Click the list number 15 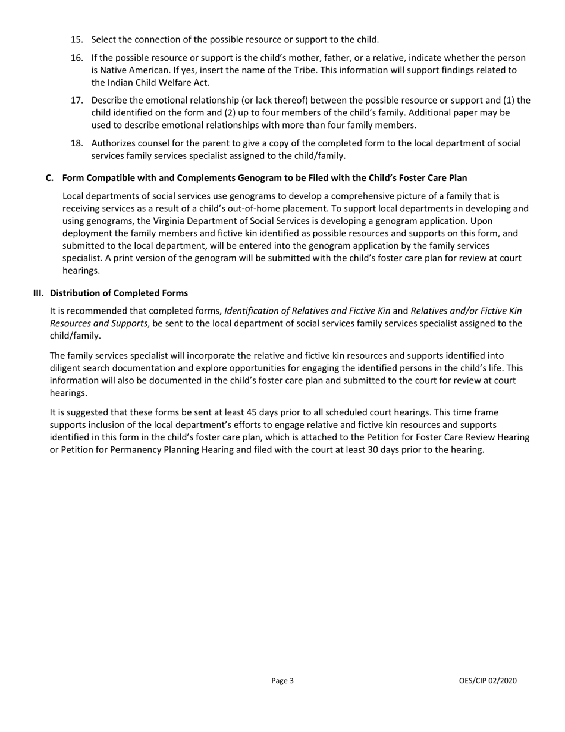pyautogui.click(x=77, y=40)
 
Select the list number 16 pyautogui.click(x=77, y=58)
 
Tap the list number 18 pyautogui.click(x=77, y=143)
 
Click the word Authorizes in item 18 pyautogui.click(x=114, y=143)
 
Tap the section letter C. pyautogui.click(x=50, y=177)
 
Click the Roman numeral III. pyautogui.click(x=39, y=293)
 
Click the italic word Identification pyautogui.click(x=253, y=311)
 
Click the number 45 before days pyautogui.click(x=251, y=412)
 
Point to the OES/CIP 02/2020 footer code pyautogui.click(x=488, y=681)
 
